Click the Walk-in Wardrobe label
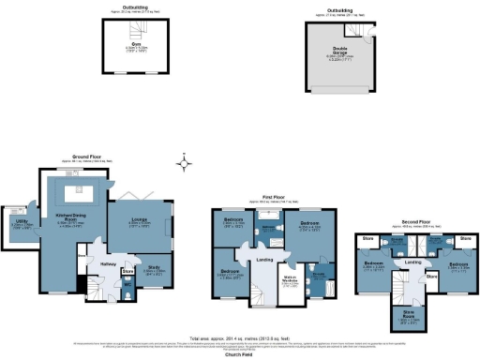(x=289, y=282)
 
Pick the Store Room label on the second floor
(x=409, y=314)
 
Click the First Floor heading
(x=272, y=198)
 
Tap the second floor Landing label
(x=412, y=262)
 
